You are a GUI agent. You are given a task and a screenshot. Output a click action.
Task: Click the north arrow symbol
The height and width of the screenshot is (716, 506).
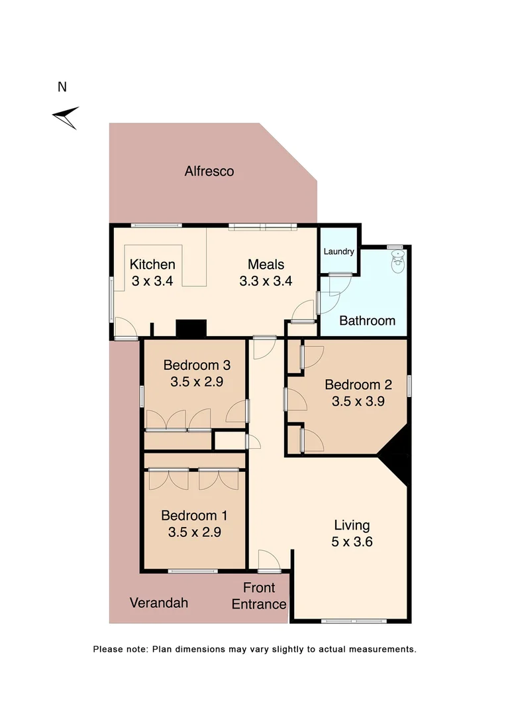coord(66,117)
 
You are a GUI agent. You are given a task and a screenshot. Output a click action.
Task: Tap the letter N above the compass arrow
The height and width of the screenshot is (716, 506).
coord(62,87)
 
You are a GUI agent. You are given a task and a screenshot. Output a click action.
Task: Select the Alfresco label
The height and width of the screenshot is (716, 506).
coord(209,171)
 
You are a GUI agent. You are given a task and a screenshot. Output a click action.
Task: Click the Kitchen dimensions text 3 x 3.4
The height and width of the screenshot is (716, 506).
coord(152,280)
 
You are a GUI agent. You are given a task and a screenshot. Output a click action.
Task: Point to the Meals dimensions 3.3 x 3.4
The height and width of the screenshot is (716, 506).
coord(266,280)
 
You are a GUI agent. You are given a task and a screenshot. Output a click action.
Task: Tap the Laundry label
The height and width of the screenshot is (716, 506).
coord(338,252)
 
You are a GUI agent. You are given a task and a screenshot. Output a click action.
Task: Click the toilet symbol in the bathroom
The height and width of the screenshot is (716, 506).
coord(397,261)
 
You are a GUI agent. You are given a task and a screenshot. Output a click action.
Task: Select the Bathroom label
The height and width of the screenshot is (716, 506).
coord(367,321)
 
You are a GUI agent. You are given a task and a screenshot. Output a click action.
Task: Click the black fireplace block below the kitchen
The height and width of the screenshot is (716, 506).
coord(191,328)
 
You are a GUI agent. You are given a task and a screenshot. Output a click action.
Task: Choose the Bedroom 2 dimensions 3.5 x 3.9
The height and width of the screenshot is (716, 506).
coord(358,400)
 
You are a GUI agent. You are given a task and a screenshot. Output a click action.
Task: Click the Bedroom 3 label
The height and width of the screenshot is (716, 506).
coord(197,365)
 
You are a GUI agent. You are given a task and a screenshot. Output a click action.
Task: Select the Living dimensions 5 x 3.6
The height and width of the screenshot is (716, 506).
coord(352,542)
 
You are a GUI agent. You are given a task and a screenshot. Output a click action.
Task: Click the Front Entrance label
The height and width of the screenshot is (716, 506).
coord(259,595)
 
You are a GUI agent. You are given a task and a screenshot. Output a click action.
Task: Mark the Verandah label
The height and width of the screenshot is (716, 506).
coord(158,603)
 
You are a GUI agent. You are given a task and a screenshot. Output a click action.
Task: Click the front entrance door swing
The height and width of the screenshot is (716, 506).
coord(269,560)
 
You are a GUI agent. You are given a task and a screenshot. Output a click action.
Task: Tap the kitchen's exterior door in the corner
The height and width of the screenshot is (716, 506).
coord(124,328)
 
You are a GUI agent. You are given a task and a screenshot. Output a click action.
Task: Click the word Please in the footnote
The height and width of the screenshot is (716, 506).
coord(107,649)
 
